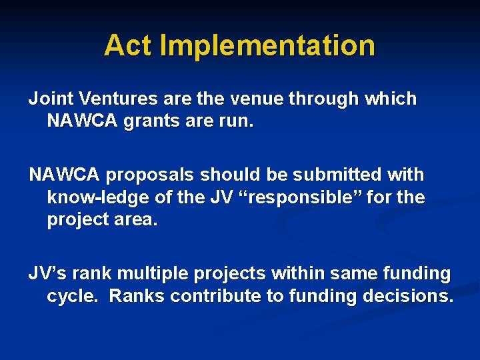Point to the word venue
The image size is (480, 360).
pos(254,99)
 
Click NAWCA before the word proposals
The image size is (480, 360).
pos(64,175)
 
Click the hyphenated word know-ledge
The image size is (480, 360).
pos(99,198)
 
